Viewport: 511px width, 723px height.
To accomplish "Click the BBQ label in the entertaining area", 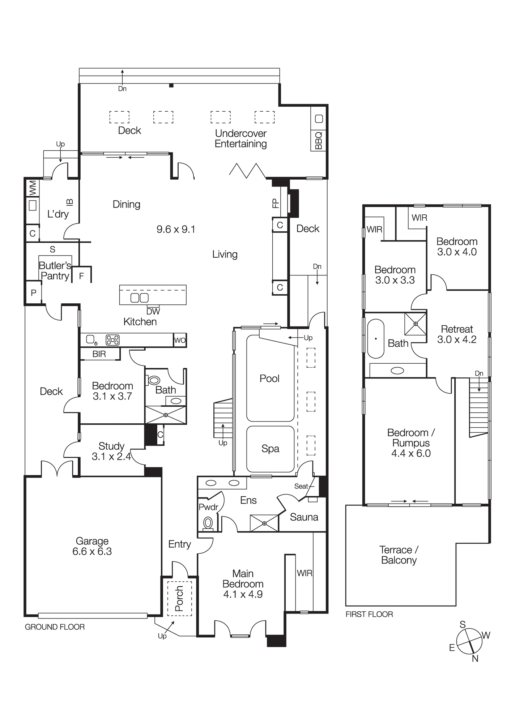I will (x=319, y=140).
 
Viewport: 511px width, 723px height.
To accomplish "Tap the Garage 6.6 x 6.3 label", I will (x=92, y=546).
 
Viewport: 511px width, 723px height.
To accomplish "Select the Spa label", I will (x=270, y=449).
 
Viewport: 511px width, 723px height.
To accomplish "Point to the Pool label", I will (x=269, y=378).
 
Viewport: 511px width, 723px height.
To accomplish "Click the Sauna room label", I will (x=304, y=517).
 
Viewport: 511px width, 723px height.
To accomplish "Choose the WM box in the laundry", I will (x=33, y=188).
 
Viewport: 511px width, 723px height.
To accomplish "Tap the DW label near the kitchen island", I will (x=153, y=311).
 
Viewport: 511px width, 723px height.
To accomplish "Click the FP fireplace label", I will (x=276, y=203).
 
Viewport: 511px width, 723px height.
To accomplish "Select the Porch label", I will (x=179, y=599).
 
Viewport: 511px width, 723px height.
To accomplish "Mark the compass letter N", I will (x=475, y=659).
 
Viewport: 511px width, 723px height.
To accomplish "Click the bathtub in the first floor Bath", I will (x=376, y=339).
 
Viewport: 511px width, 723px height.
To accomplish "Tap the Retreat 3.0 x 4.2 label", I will (x=457, y=334).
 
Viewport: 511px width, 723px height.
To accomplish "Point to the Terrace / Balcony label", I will (x=399, y=555).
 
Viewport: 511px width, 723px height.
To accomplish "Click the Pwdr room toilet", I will (x=208, y=523).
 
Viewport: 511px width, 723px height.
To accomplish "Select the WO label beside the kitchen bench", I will (x=180, y=340).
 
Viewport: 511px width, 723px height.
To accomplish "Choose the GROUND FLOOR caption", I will (x=55, y=627).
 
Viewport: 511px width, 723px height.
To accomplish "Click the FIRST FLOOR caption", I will (x=369, y=614).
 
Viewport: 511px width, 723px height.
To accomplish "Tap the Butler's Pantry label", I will (x=55, y=271).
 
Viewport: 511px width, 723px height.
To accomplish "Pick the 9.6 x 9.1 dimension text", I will (x=176, y=230).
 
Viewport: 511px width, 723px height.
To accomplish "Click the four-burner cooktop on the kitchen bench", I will (x=112, y=340).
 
